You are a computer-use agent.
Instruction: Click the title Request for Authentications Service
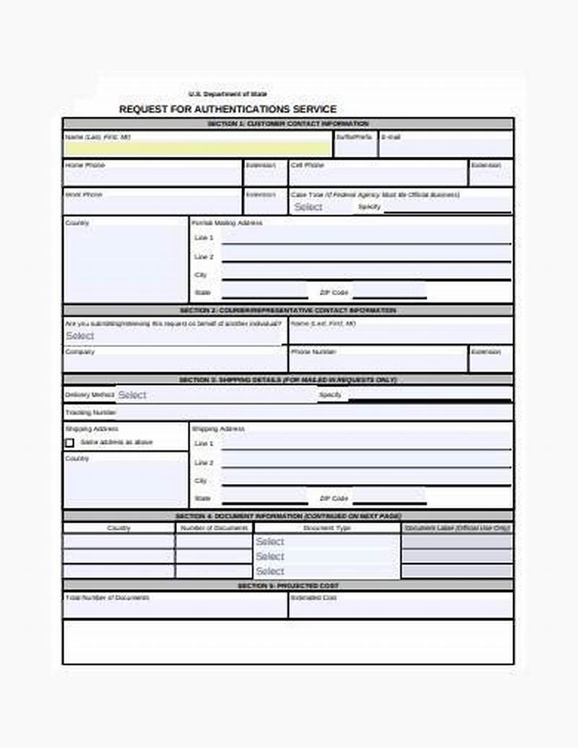pyautogui.click(x=228, y=109)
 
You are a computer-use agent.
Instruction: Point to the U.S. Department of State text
pyautogui.click(x=228, y=94)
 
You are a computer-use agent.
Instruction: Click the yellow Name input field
pyautogui.click(x=198, y=149)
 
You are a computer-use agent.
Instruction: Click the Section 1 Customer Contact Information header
pyautogui.click(x=288, y=124)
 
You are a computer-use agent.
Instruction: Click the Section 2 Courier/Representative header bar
pyautogui.click(x=288, y=310)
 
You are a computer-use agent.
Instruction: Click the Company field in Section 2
pyautogui.click(x=175, y=362)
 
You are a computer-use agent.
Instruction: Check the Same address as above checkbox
pyautogui.click(x=69, y=442)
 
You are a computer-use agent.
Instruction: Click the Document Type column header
pyautogui.click(x=327, y=528)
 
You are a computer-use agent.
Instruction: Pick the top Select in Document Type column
pyautogui.click(x=327, y=541)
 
